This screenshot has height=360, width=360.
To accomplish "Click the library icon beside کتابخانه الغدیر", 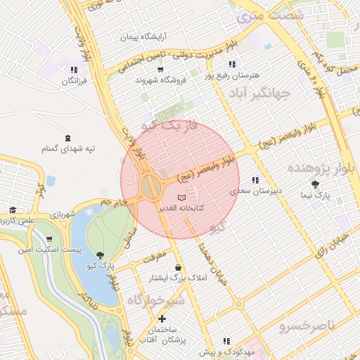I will (x=181, y=197).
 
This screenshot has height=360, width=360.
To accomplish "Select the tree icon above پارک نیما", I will (x=315, y=184).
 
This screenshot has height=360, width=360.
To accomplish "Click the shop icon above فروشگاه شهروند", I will (x=160, y=69).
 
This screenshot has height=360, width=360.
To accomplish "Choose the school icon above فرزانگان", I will (x=73, y=69).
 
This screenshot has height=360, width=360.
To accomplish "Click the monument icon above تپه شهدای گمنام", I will (x=67, y=137).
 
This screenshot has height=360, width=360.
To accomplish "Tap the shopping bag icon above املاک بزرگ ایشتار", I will (x=179, y=267).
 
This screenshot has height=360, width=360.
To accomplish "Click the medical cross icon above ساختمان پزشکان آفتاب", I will (x=162, y=319).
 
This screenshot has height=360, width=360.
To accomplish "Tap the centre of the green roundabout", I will (x=150, y=186).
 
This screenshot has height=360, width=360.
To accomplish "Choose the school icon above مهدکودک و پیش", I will (x=226, y=341).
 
